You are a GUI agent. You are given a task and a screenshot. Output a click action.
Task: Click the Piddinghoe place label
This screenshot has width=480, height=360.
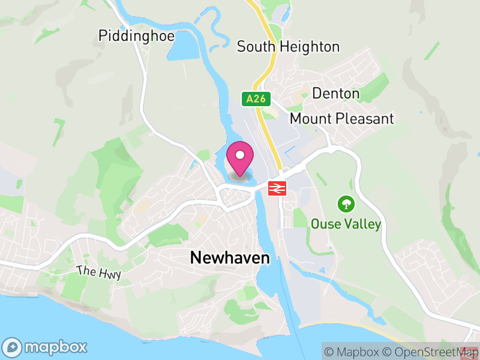point(136,36)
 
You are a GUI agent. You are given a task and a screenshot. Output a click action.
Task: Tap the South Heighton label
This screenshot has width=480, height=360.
point(288,46)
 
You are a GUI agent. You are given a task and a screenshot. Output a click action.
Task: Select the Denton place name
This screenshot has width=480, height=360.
point(336,94)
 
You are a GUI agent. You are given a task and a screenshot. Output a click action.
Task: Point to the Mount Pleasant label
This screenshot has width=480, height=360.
point(341,118)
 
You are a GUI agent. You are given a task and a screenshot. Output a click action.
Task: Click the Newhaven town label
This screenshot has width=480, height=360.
point(230,258)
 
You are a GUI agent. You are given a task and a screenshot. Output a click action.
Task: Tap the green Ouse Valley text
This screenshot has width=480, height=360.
point(346,224)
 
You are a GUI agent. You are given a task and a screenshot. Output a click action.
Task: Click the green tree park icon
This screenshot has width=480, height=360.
point(346,204)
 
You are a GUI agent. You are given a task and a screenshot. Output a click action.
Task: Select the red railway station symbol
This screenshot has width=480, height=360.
point(276,188)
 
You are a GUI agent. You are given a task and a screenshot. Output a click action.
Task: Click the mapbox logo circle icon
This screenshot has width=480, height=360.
point(13,347)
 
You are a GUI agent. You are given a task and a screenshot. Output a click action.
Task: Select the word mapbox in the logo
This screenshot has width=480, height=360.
point(55,347)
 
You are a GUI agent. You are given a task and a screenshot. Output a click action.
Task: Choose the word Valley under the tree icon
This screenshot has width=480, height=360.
point(361,224)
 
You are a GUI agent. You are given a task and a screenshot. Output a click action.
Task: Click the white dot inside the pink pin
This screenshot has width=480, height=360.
point(240,155)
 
